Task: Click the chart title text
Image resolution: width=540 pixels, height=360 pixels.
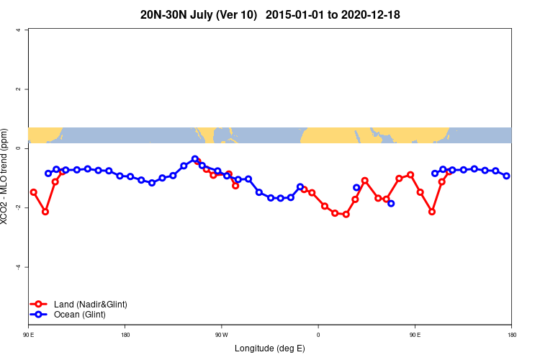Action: point(270,14)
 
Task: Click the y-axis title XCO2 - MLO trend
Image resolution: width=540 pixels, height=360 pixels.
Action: point(6,176)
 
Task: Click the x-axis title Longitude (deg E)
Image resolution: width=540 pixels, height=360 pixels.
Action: point(270,348)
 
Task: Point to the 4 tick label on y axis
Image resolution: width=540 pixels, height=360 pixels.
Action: point(18,30)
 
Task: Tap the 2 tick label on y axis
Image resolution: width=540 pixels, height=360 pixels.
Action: point(18,89)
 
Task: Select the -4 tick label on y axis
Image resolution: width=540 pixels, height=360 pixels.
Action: point(17,267)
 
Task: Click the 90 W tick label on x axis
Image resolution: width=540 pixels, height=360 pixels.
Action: point(221,334)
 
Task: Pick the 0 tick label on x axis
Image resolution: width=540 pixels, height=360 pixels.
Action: point(318,334)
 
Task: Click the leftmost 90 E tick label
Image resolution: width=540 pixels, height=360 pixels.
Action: point(28,334)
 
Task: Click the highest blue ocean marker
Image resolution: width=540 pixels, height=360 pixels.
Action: point(195,159)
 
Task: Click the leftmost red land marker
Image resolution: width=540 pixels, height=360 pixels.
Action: point(34,192)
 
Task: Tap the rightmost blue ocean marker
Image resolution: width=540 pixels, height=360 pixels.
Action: point(507,176)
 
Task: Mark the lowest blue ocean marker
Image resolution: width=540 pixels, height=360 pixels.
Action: point(391,203)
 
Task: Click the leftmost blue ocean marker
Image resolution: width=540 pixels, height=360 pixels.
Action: point(48,174)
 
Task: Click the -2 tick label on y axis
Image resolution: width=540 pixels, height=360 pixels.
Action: point(17,208)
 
